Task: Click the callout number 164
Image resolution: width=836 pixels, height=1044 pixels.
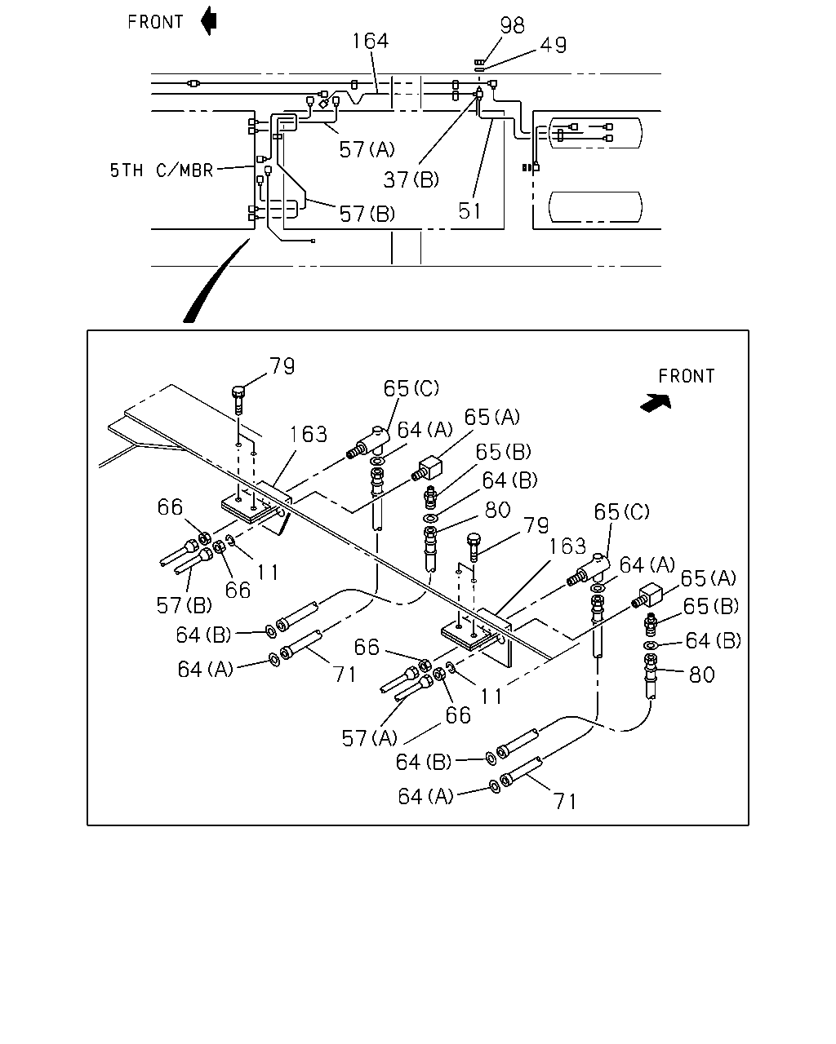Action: click(370, 41)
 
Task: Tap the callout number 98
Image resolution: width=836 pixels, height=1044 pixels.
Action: click(512, 25)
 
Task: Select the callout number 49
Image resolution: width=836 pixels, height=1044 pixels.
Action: click(554, 45)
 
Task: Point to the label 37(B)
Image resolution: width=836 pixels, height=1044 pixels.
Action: click(411, 180)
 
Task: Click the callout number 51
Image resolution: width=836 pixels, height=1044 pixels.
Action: click(469, 211)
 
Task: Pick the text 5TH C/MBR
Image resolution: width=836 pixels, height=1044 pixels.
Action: click(162, 170)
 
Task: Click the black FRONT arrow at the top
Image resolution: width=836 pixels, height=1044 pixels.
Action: click(209, 20)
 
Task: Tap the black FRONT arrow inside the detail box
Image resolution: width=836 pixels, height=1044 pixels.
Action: click(656, 403)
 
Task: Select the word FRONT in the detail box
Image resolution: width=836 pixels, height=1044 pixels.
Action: click(686, 376)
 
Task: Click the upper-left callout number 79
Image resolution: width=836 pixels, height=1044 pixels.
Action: click(282, 366)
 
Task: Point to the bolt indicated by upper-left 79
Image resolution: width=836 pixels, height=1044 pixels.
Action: click(238, 400)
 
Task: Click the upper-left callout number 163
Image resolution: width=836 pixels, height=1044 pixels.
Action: click(309, 434)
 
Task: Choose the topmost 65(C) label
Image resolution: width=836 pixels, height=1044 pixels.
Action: click(411, 388)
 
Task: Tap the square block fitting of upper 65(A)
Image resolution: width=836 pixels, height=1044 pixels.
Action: click(430, 467)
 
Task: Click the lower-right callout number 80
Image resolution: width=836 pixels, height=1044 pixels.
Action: click(701, 675)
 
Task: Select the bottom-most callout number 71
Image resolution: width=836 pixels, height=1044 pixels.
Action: click(566, 802)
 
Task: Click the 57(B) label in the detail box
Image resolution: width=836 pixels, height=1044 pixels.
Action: click(185, 605)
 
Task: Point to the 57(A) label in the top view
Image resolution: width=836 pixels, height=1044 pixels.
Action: click(367, 149)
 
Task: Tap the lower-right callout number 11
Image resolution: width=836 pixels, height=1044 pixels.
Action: click(491, 697)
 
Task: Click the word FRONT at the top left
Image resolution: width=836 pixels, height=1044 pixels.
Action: click(155, 22)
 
